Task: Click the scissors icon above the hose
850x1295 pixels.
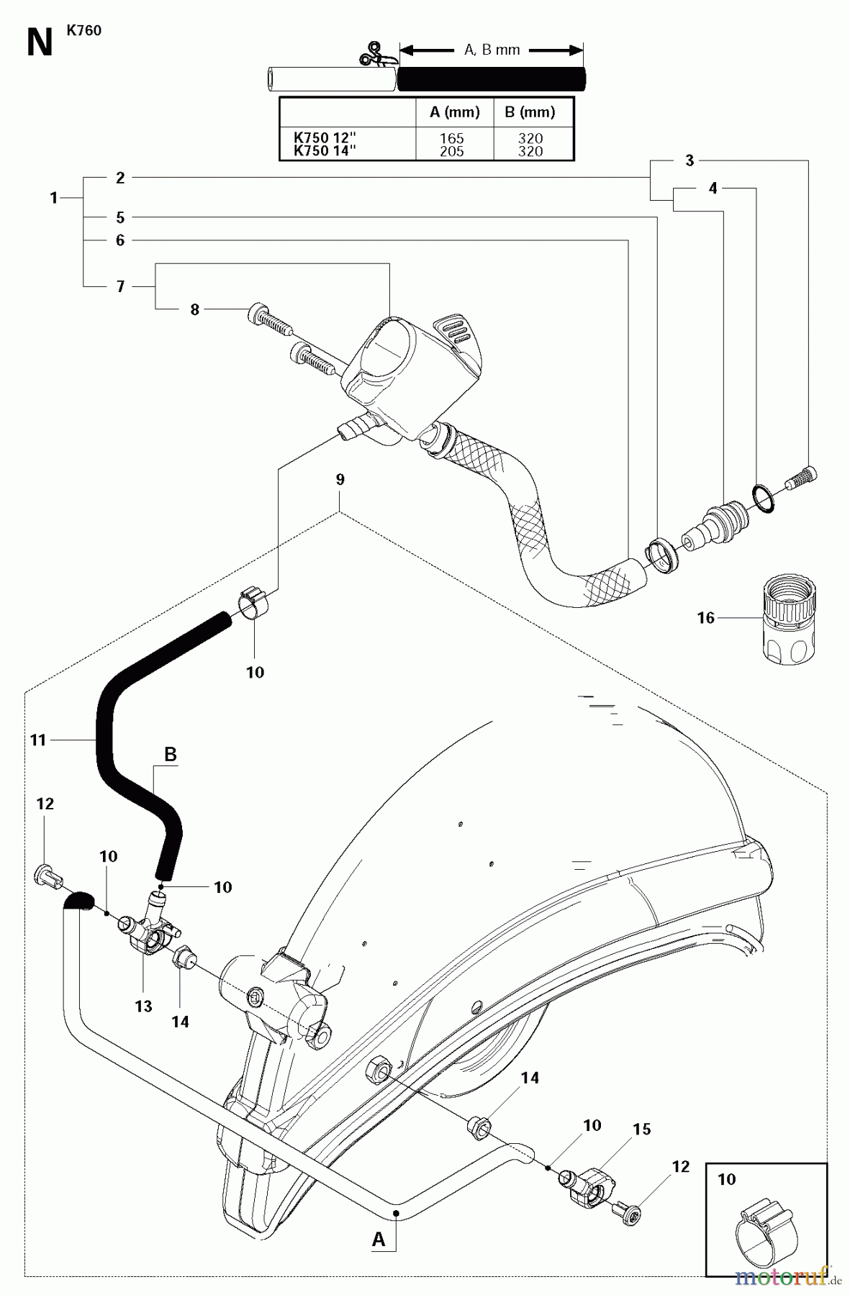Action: [372, 56]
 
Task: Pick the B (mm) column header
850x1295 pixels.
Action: [530, 112]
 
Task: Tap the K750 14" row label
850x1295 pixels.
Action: [325, 150]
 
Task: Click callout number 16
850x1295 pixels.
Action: [705, 617]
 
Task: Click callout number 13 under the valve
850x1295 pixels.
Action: [143, 1006]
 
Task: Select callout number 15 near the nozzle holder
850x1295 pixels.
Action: [641, 1129]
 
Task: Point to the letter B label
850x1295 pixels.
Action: [171, 755]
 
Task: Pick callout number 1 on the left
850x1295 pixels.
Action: [54, 197]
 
